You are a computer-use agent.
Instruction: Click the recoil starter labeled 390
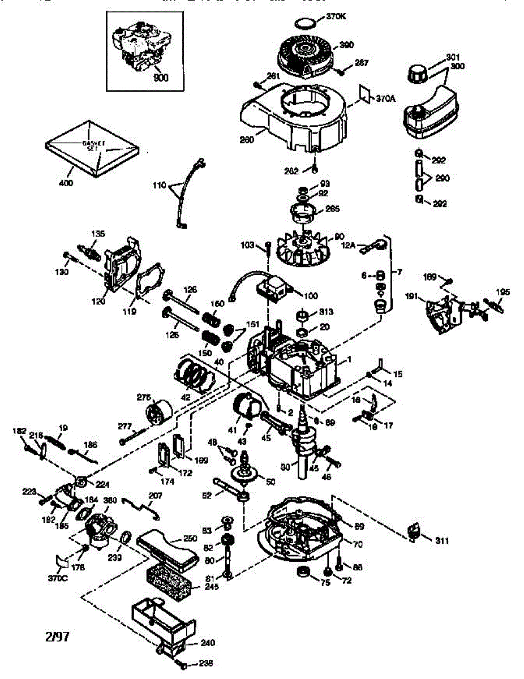point(308,53)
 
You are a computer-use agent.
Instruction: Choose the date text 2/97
point(58,637)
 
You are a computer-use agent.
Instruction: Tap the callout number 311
point(442,540)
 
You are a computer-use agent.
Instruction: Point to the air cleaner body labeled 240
point(161,622)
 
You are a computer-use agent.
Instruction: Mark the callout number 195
point(502,292)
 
